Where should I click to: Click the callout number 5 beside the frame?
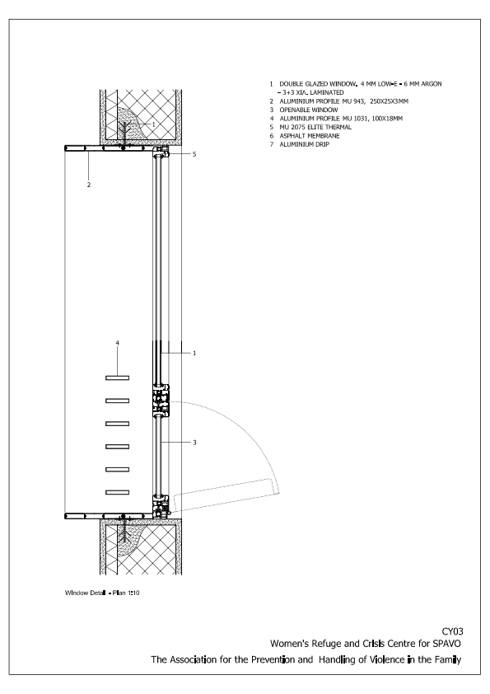[x=194, y=154]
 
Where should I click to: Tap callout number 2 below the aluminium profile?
[x=88, y=185]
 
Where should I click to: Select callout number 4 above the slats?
[x=117, y=343]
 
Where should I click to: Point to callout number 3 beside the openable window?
[x=194, y=442]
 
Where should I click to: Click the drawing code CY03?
[x=452, y=631]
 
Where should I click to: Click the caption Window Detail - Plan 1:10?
[x=102, y=593]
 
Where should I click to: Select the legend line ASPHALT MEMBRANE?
[x=310, y=136]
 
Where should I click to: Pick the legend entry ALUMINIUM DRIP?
[x=304, y=144]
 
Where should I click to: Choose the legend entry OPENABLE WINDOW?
[x=309, y=110]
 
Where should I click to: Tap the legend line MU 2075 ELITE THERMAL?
[x=315, y=127]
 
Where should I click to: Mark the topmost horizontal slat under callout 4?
[x=117, y=378]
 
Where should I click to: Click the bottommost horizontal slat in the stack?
[x=117, y=492]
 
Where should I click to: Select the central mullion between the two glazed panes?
[x=161, y=401]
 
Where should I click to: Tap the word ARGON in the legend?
[x=432, y=83]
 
